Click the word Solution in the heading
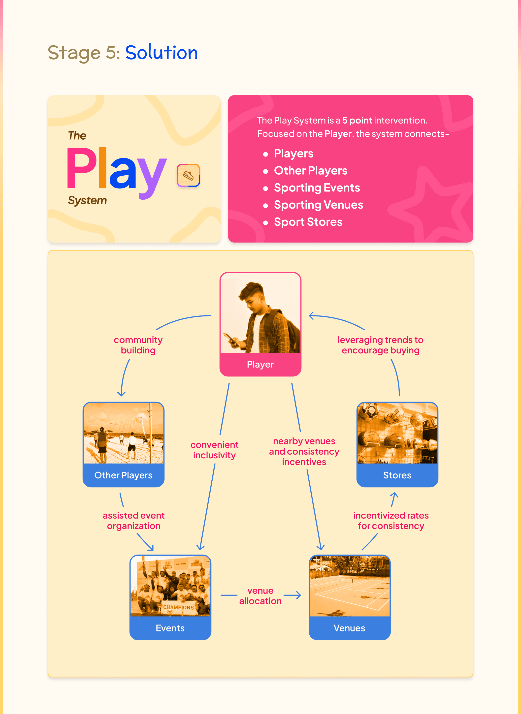point(162,52)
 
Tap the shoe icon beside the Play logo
point(188,175)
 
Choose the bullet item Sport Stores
point(308,222)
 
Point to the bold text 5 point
point(357,121)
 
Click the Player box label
point(260,364)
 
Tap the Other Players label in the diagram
point(123,475)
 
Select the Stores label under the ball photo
point(397,475)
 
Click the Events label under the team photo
point(170,628)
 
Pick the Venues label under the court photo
point(349,628)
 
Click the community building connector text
point(138,345)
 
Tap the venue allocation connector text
point(260,596)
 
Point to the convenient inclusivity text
point(214,450)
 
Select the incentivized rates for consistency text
point(391,521)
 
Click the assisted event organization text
point(134,521)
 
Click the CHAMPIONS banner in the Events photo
point(178,607)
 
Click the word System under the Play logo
point(87,200)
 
